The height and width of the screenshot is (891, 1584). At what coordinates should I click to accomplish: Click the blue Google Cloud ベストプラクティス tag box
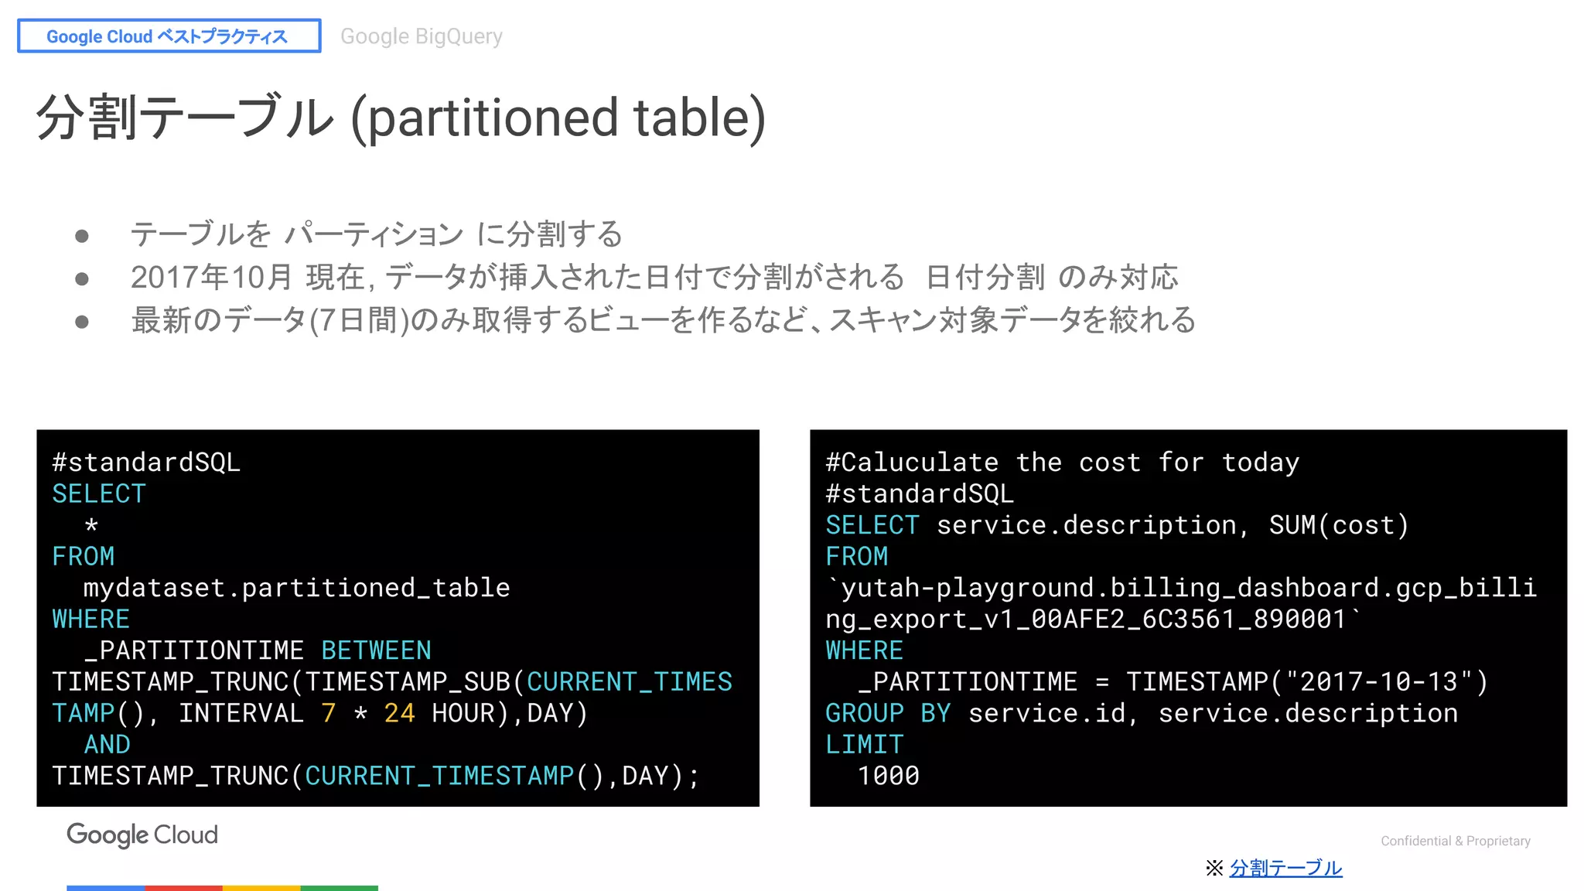[x=169, y=36]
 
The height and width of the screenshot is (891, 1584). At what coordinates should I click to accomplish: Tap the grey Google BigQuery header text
[x=421, y=36]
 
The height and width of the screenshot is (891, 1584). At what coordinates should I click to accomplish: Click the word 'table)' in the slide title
[x=699, y=118]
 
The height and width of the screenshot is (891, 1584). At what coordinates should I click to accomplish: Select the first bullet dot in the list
[x=82, y=235]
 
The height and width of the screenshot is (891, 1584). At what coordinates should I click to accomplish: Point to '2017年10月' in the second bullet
[x=211, y=278]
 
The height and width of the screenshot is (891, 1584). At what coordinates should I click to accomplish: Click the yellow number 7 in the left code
[x=328, y=713]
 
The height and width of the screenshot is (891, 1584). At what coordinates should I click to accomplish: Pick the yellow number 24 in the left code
[x=399, y=713]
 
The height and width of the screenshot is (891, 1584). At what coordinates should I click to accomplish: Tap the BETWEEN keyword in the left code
[x=376, y=650]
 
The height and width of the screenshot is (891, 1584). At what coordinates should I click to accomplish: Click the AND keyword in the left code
[x=107, y=744]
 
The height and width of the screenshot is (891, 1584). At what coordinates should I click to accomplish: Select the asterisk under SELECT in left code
[x=91, y=526]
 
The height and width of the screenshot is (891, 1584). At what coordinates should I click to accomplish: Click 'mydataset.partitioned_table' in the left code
[x=296, y=588]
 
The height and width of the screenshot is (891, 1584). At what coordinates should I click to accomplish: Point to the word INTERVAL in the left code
[x=241, y=713]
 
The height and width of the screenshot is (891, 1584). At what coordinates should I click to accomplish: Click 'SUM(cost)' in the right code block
[x=1338, y=525]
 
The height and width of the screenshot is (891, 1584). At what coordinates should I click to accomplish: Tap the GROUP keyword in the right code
[x=864, y=713]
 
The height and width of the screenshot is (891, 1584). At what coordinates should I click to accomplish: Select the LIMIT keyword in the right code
[x=864, y=744]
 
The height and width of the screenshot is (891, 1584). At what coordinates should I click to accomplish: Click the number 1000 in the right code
[x=888, y=776]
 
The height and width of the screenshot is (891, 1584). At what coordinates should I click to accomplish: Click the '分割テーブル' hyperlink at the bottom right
[x=1285, y=868]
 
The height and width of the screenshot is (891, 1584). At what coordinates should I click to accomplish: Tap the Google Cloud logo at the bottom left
[x=142, y=835]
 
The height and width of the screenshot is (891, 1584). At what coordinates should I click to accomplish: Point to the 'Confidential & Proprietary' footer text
[x=1455, y=841]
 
